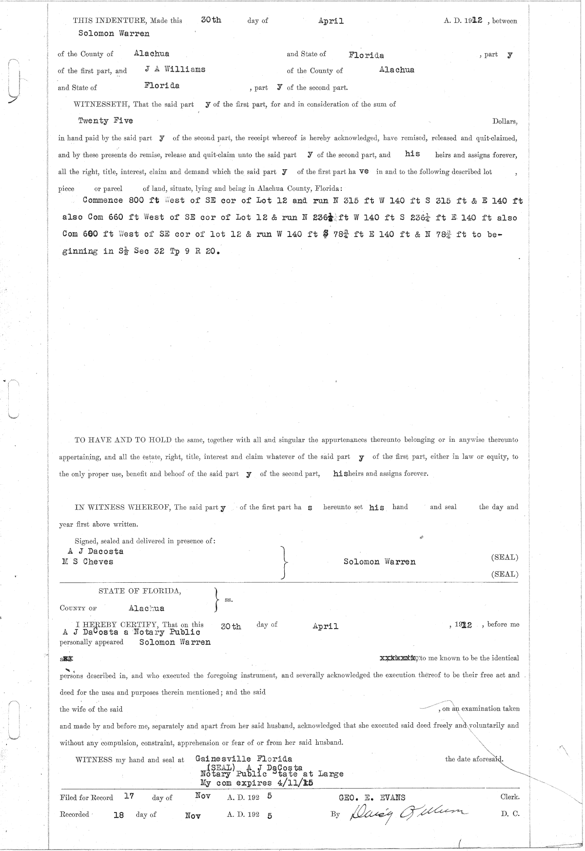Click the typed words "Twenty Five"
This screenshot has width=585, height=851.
pos(105,120)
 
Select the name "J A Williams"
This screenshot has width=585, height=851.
pos(175,69)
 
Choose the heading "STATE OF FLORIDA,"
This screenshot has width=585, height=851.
pos(140,591)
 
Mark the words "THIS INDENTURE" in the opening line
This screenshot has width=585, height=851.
pos(103,20)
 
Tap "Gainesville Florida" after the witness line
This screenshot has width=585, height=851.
pos(244,759)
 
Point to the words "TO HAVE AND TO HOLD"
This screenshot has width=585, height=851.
pos(122,440)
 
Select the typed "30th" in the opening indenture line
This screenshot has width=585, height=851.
pos(211,20)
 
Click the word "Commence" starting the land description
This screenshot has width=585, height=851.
pos(102,200)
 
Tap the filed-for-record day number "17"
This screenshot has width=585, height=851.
pos(129,796)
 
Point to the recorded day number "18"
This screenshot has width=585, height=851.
pos(118,815)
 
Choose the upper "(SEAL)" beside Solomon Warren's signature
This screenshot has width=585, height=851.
pos(505,557)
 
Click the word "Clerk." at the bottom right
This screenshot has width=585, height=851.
pos(509,797)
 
